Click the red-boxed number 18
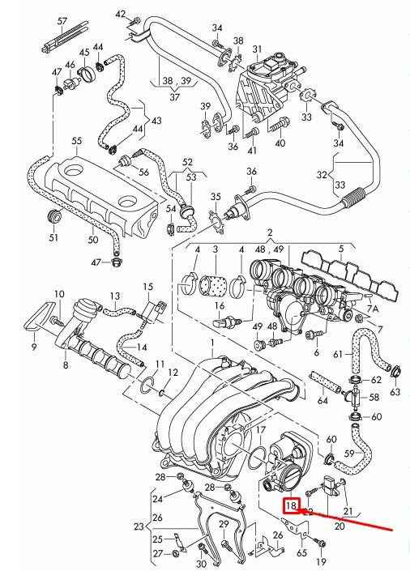click(x=291, y=505)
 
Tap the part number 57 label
click(x=62, y=21)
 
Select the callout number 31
click(x=258, y=49)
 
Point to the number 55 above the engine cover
click(x=77, y=141)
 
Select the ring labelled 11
click(x=147, y=386)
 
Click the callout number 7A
click(x=373, y=309)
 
